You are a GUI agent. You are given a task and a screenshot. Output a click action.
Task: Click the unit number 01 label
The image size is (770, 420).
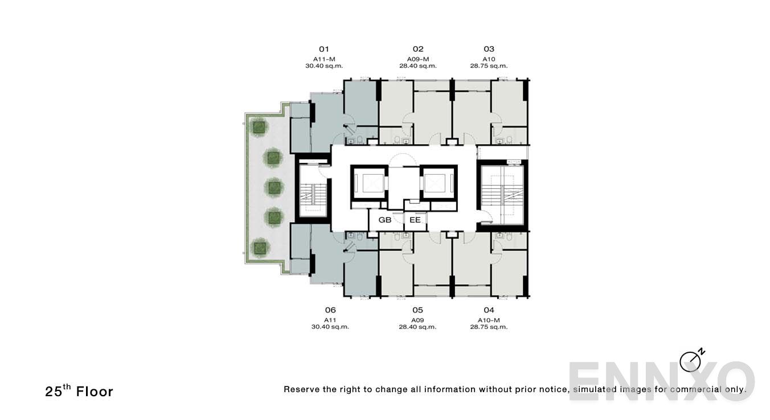pos(324,49)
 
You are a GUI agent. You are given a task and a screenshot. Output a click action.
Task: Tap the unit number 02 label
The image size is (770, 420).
pos(418,49)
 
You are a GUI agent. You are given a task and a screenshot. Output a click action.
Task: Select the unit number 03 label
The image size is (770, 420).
pos(489,49)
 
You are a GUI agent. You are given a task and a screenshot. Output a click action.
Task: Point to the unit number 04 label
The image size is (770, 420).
pos(489,310)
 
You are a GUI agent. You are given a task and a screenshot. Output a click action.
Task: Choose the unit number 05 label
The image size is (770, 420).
pos(418,310)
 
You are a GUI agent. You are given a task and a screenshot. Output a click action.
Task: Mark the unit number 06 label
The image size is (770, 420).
pos(330,310)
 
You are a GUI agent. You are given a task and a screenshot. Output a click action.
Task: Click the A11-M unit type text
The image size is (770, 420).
pos(324,59)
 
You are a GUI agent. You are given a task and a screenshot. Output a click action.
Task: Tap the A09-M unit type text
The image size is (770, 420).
pos(418,59)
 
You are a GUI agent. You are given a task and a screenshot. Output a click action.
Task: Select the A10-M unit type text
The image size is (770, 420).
pos(489,320)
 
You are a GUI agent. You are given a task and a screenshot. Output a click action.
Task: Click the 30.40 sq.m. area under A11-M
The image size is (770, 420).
pos(324,66)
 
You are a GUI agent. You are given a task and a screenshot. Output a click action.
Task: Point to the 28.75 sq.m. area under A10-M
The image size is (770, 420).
pos(489,327)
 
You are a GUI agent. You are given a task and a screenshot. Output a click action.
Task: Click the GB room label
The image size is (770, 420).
pos(385,220)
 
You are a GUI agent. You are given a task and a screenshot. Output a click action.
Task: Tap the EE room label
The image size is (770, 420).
pos(415,220)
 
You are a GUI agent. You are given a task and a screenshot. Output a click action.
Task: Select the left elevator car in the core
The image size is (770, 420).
pos(369,183)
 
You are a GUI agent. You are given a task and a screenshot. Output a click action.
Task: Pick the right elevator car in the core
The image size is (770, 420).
pos(439,183)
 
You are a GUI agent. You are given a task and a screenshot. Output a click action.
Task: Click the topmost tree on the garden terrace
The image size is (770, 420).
pos(259,127)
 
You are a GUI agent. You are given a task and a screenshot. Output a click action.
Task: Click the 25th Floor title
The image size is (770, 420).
pos(79,391)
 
